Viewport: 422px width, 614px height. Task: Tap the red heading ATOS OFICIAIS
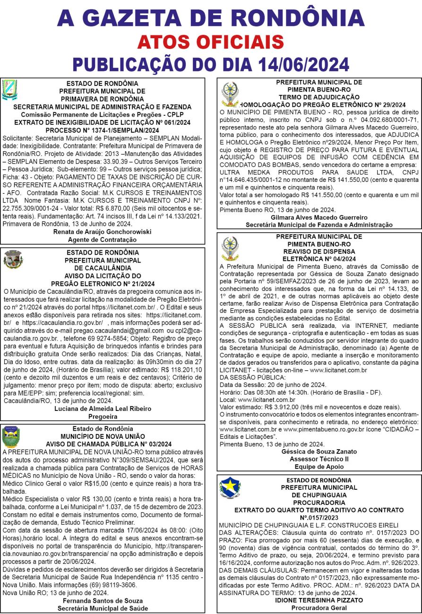pyautogui.click(x=210, y=42)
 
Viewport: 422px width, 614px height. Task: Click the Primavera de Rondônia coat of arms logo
pyautogui.click(x=9, y=90)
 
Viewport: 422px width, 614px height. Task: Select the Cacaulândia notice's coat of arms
pyautogui.click(x=13, y=260)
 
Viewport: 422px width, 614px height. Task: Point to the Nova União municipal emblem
pyautogui.click(x=11, y=436)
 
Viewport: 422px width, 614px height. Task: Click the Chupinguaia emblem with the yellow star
pyautogui.click(x=230, y=488)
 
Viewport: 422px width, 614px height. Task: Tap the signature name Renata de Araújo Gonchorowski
pyautogui.click(x=103, y=232)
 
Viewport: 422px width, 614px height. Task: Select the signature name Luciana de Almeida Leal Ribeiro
pyautogui.click(x=103, y=408)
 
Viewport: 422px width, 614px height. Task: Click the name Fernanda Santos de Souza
pyautogui.click(x=103, y=601)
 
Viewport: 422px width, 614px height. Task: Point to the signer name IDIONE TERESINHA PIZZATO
pyautogui.click(x=319, y=600)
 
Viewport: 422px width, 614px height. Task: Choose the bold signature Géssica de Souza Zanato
pyautogui.click(x=319, y=451)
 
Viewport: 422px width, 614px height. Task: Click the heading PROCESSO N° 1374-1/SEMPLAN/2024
pyautogui.click(x=103, y=130)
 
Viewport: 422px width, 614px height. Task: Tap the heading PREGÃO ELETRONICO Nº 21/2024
pyautogui.click(x=103, y=283)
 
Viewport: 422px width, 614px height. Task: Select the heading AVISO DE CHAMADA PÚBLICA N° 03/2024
pyautogui.click(x=109, y=444)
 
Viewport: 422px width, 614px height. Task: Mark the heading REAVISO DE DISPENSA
pyautogui.click(x=319, y=251)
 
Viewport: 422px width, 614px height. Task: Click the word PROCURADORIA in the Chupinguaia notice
pyautogui.click(x=319, y=503)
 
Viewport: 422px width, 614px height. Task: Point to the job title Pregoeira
pyautogui.click(x=103, y=416)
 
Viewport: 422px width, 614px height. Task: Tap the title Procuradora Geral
pyautogui.click(x=319, y=608)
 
